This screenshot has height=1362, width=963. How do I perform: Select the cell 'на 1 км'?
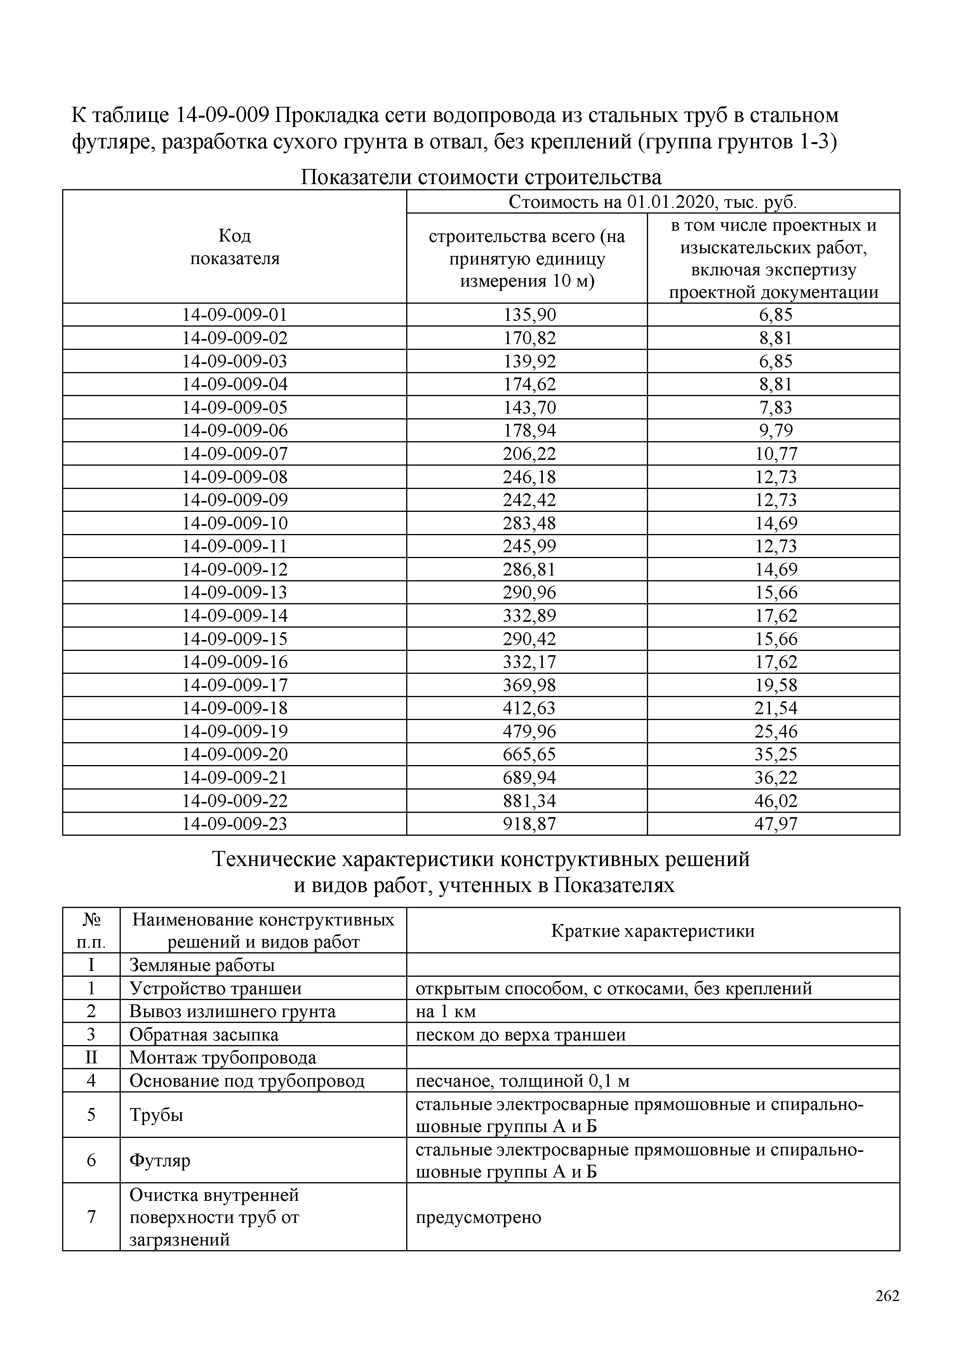coord(446,1011)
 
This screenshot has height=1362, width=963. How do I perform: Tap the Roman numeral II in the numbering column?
coord(91,1058)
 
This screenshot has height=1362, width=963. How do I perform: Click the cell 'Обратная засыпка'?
coord(204,1035)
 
